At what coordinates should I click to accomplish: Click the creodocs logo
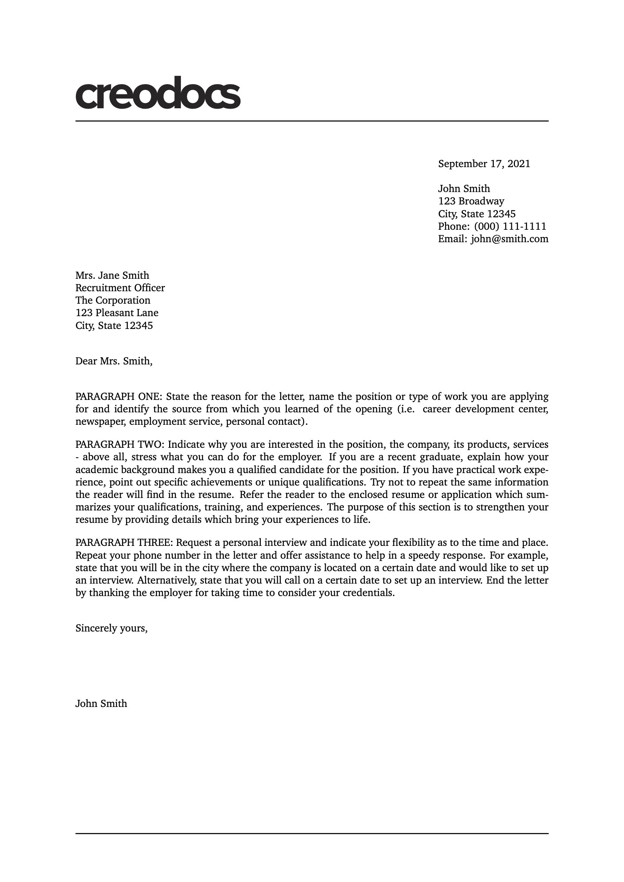point(158,93)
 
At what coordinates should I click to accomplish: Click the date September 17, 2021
point(484,164)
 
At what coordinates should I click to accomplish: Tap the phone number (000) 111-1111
point(510,226)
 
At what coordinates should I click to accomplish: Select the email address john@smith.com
point(509,239)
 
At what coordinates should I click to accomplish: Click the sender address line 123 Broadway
point(471,201)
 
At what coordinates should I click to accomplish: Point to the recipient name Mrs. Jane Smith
point(112,275)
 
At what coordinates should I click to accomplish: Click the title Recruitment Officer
point(120,288)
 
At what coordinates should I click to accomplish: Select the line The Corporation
point(112,300)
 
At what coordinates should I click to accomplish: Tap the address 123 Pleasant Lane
point(117,313)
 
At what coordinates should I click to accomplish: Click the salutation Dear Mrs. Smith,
point(114,361)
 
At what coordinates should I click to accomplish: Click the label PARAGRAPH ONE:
point(119,396)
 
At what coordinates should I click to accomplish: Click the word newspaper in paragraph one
point(100,422)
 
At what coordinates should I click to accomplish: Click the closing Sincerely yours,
point(111,628)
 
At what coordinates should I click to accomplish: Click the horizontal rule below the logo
point(312,121)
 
